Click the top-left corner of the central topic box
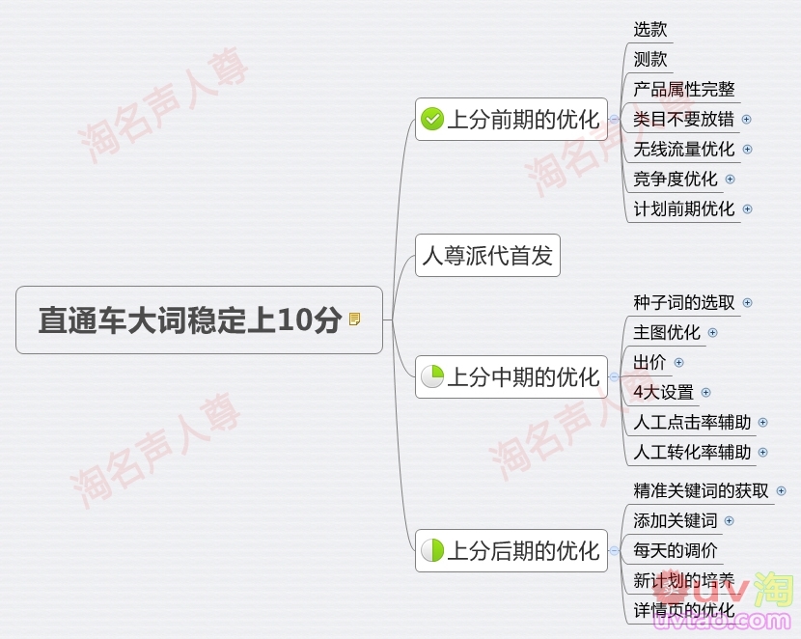(16, 287)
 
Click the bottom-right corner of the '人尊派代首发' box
(561, 276)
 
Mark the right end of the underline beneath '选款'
(674, 42)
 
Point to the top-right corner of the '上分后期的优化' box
(607, 530)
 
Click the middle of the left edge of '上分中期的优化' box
(415, 377)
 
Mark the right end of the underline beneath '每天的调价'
(724, 564)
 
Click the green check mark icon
(432, 119)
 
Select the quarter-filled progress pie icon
(432, 376)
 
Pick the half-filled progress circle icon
(432, 550)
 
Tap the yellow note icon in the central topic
(354, 319)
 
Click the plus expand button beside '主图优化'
(712, 333)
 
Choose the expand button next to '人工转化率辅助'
(762, 453)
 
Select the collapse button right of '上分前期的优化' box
(614, 119)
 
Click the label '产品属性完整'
(684, 90)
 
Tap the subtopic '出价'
(649, 363)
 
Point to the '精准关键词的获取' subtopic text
(701, 491)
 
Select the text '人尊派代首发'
(487, 256)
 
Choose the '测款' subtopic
(650, 59)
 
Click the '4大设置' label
(664, 393)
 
